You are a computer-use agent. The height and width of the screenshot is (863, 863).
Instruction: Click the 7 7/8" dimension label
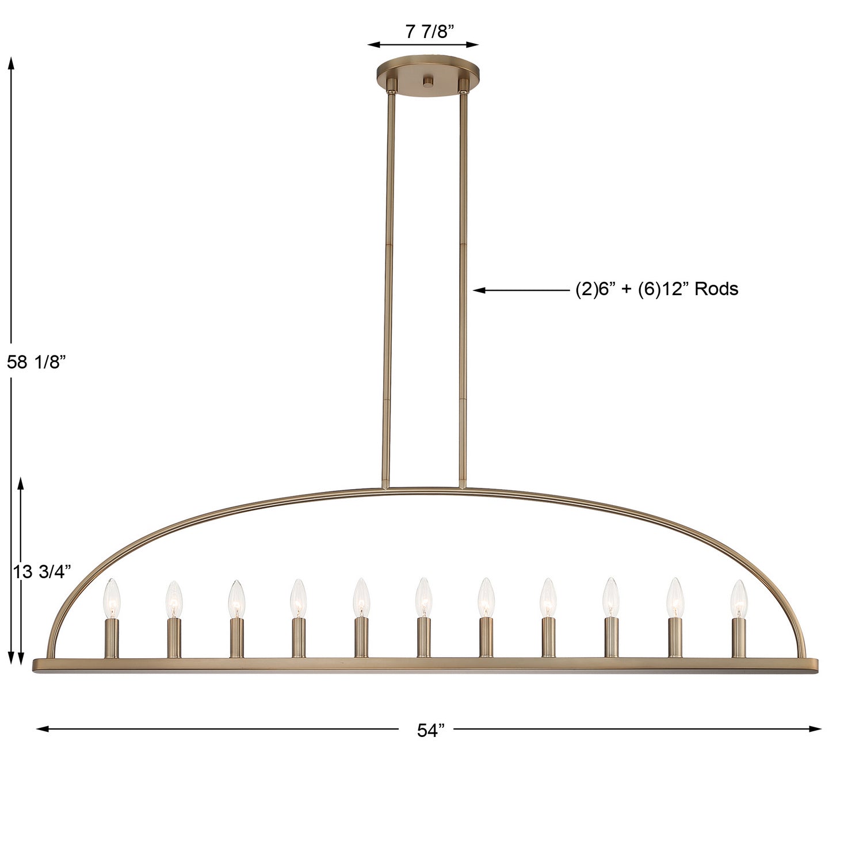pyautogui.click(x=426, y=31)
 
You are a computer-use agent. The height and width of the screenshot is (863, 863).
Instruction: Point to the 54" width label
pyautogui.click(x=431, y=730)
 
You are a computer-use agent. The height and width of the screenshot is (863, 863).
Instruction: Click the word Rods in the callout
pyautogui.click(x=716, y=288)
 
